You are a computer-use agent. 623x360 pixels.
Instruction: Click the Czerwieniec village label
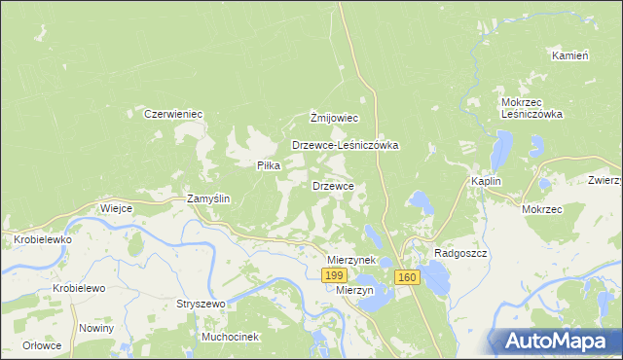pyautogui.click(x=173, y=114)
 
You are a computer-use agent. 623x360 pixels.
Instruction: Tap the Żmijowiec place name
pyautogui.click(x=335, y=118)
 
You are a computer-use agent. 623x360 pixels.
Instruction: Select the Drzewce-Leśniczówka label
pyautogui.click(x=346, y=145)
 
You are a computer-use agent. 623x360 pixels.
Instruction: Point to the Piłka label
pyautogui.click(x=269, y=165)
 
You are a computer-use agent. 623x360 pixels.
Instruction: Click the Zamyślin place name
pyautogui.click(x=207, y=198)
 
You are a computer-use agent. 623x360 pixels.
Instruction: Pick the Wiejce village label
pyautogui.click(x=116, y=208)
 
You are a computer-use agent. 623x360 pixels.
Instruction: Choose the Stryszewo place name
pyautogui.click(x=201, y=304)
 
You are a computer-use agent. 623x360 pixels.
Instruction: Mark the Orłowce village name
pyautogui.click(x=43, y=345)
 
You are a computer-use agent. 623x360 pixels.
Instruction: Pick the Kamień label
pyautogui.click(x=570, y=55)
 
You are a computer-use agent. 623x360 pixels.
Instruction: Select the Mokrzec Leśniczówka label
pyautogui.click(x=532, y=108)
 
